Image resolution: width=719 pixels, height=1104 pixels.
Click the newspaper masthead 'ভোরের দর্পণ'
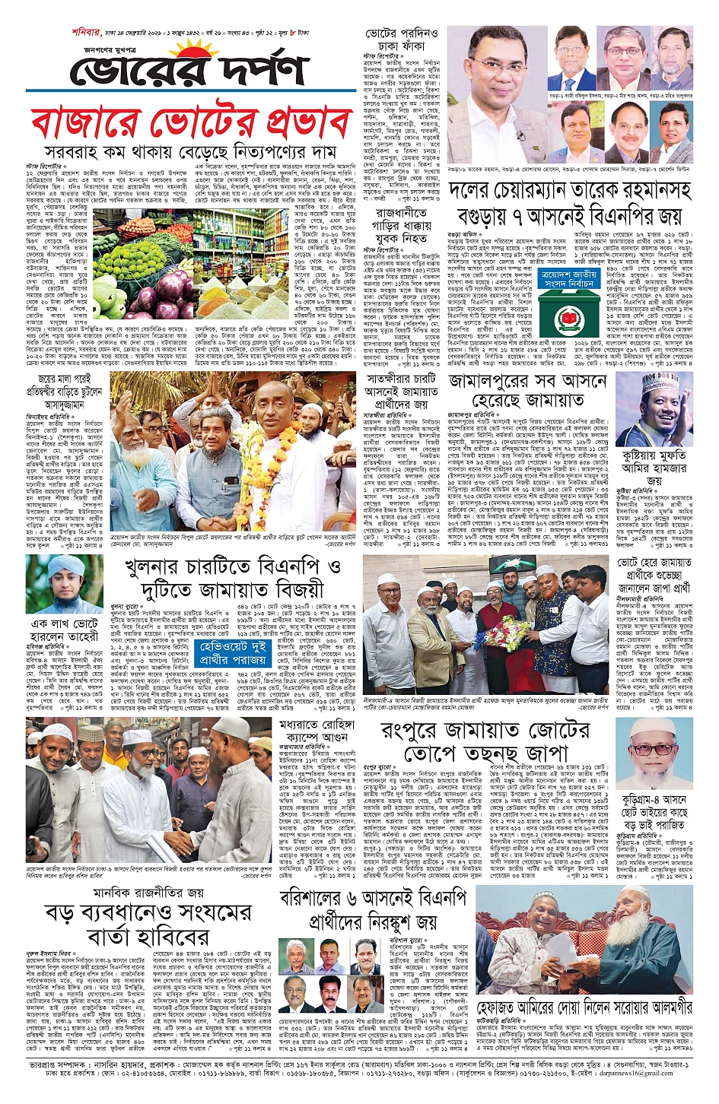click(x=187, y=72)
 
